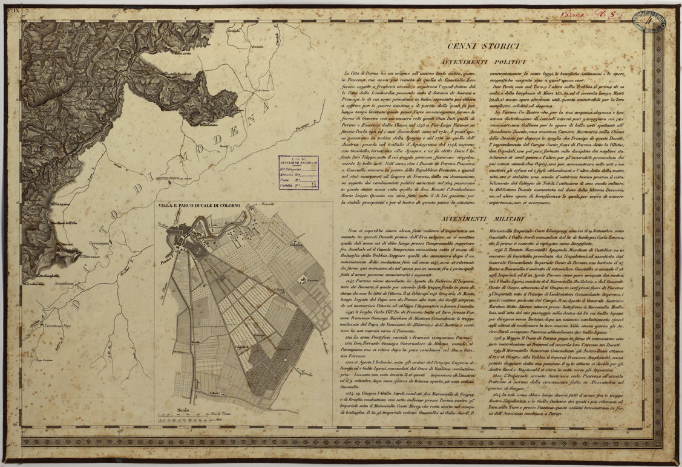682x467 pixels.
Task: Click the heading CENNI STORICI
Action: point(482,47)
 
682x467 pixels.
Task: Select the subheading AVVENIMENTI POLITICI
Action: point(482,62)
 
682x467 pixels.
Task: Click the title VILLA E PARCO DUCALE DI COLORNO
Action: point(199,206)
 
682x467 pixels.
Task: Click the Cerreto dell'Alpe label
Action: point(57,325)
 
